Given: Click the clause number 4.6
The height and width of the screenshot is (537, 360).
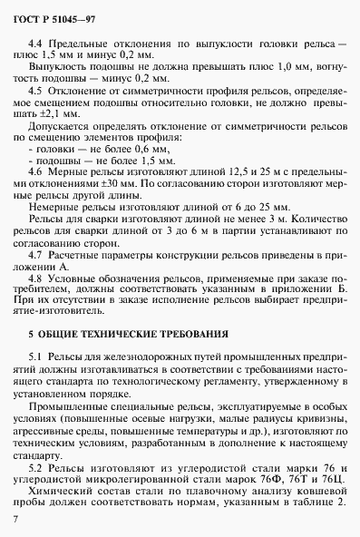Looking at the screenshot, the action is [36, 171].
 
